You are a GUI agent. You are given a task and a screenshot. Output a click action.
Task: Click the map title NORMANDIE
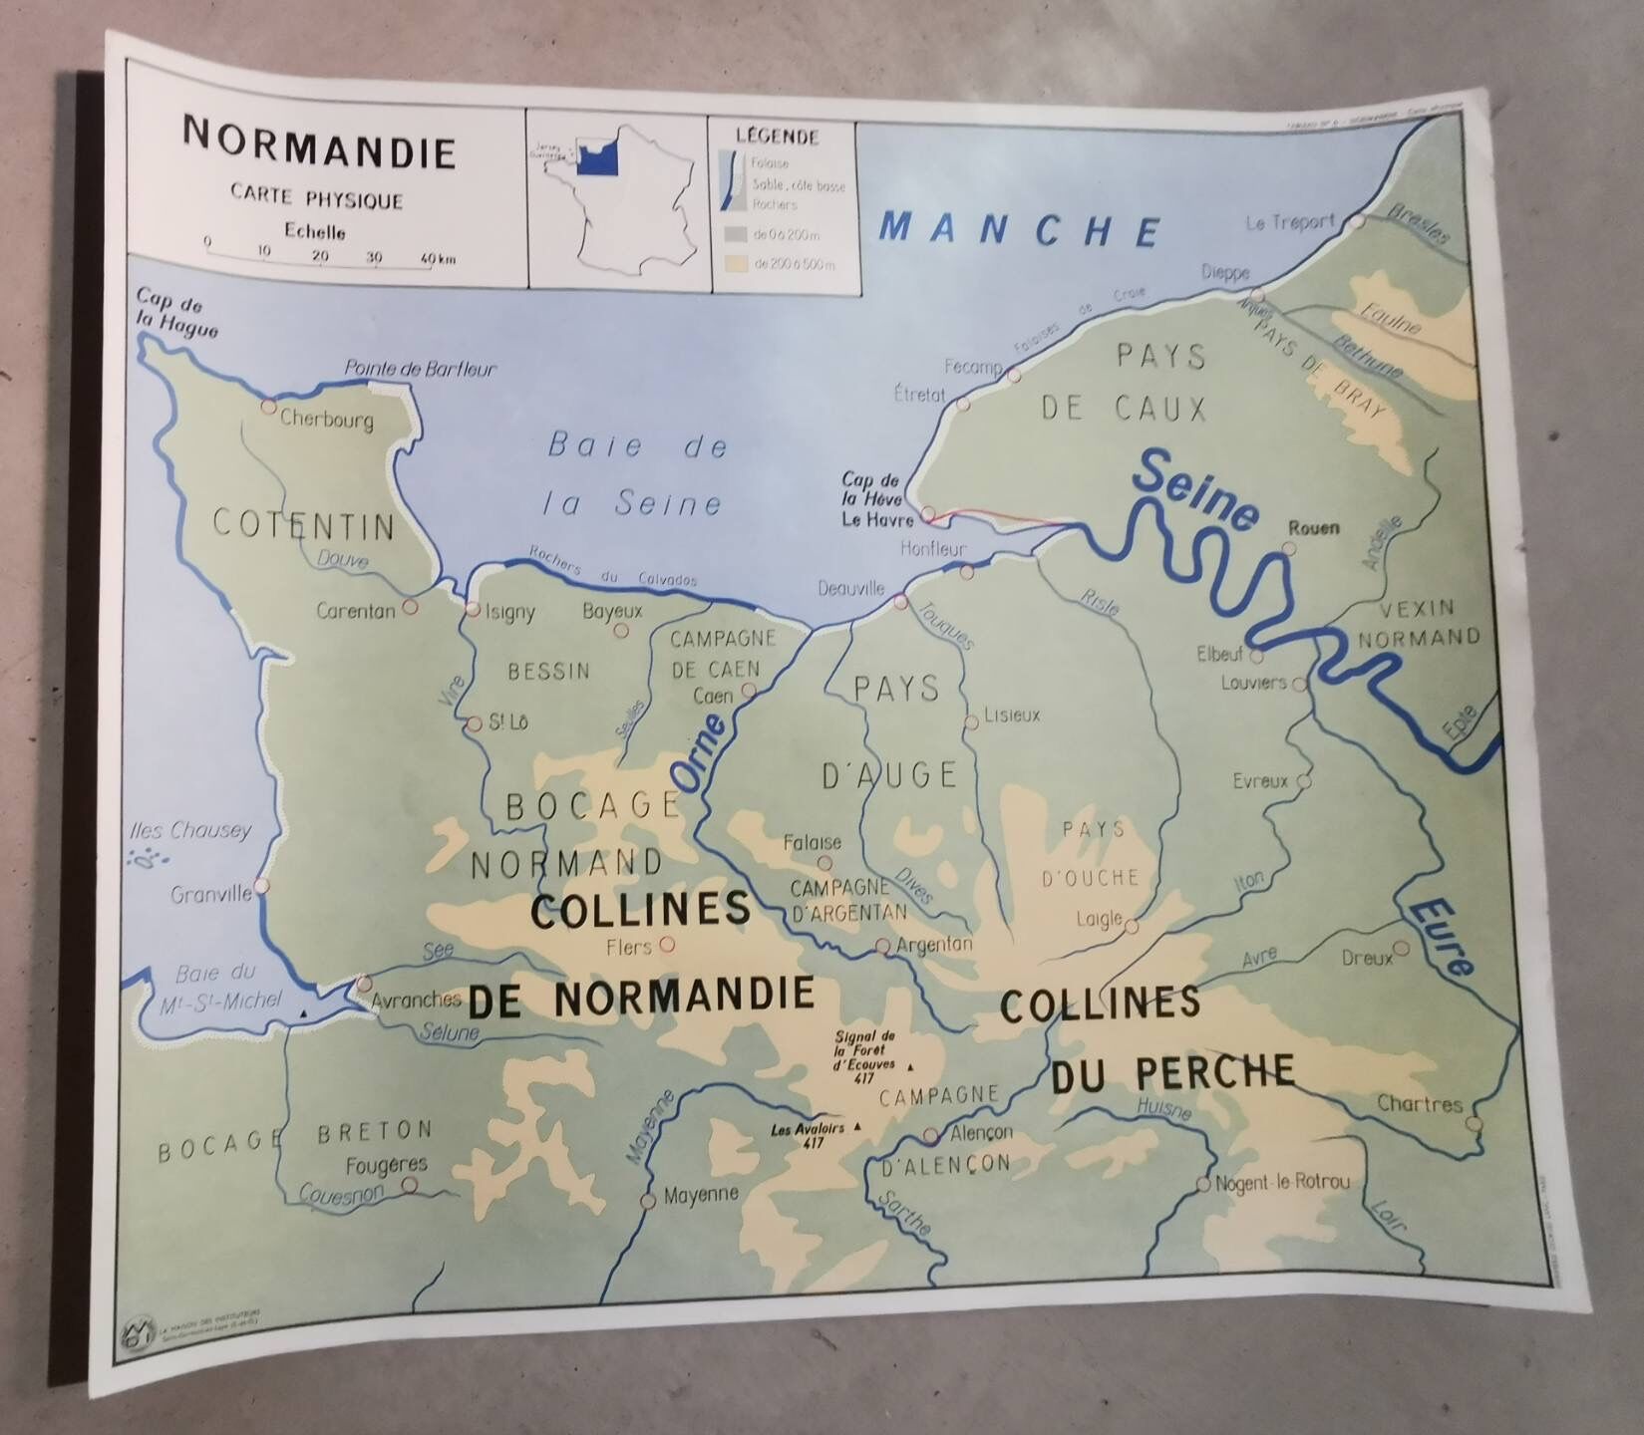(320, 148)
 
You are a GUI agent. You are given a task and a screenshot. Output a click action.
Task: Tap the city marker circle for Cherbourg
(267, 406)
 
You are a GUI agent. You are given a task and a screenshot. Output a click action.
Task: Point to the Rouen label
(1313, 528)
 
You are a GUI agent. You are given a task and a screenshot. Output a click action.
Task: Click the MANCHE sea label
(1020, 230)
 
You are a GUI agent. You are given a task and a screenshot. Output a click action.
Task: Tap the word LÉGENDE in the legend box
(777, 137)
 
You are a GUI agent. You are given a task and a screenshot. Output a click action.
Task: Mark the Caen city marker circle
(749, 689)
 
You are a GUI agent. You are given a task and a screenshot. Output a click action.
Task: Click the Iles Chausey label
(190, 830)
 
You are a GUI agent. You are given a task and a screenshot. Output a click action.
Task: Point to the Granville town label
(210, 894)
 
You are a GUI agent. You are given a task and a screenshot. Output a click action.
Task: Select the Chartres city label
(1419, 1103)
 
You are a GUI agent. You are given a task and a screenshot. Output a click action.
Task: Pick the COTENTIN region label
(303, 525)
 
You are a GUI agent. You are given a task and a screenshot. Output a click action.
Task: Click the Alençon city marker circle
(930, 1135)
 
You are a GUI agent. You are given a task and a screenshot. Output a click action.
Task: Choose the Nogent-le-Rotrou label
(1283, 1182)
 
